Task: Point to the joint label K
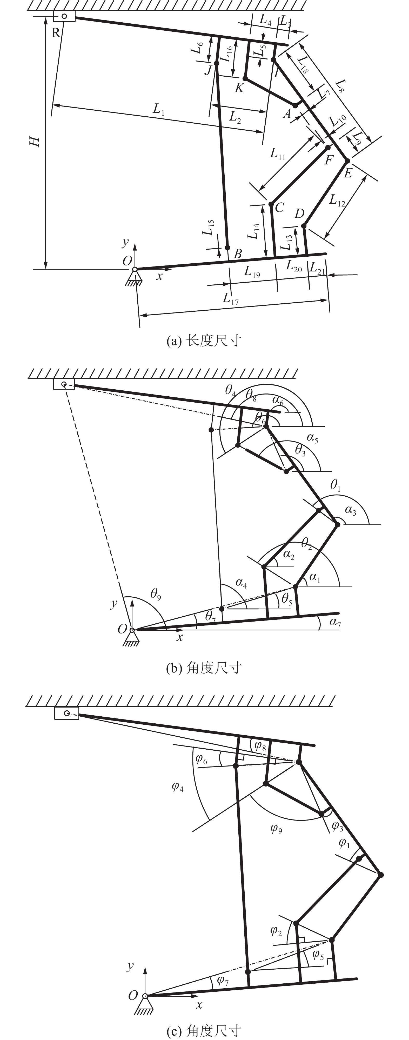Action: [x=239, y=88]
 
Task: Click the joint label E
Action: [x=348, y=173]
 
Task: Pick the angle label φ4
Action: [x=178, y=786]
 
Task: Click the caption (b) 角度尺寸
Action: [x=204, y=668]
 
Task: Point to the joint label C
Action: [x=279, y=207]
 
